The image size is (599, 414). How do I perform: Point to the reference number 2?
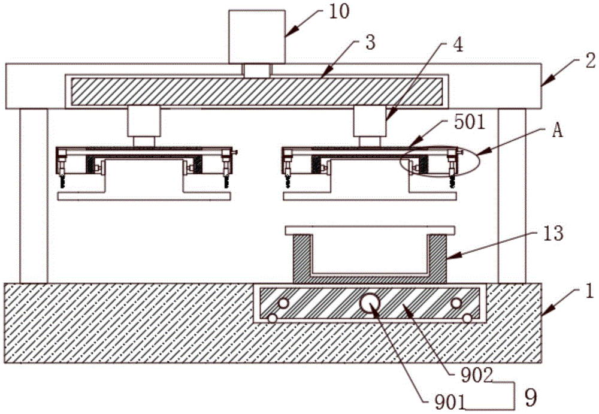click(x=574, y=60)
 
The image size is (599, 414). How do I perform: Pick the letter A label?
click(x=556, y=132)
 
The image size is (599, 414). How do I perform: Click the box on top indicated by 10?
click(x=257, y=37)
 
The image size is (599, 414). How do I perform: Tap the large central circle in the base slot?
click(x=370, y=304)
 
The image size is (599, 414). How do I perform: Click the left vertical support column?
click(x=34, y=195)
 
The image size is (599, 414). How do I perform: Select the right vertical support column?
click(x=512, y=195)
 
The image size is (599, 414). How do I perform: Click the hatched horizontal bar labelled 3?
click(x=256, y=91)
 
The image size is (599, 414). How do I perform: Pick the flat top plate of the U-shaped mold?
click(x=370, y=230)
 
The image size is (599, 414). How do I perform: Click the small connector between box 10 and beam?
click(x=256, y=70)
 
